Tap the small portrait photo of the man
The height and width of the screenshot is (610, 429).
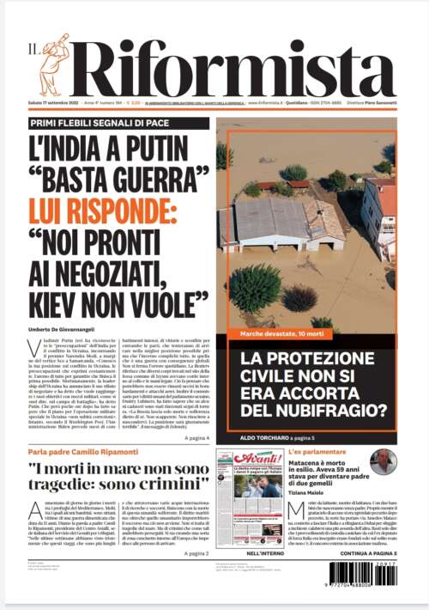coord(383,464)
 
